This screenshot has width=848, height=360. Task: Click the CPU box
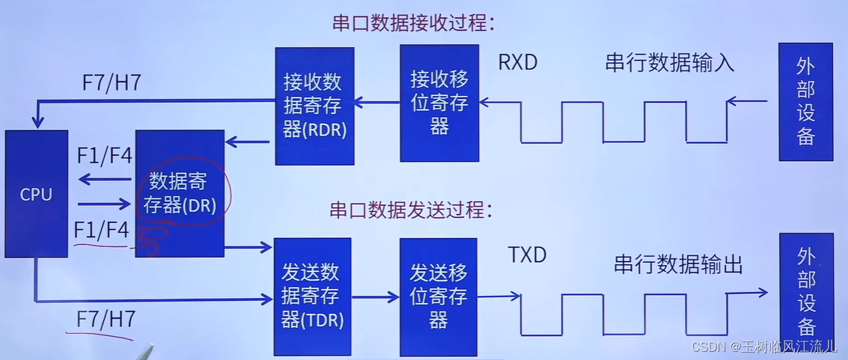pyautogui.click(x=36, y=193)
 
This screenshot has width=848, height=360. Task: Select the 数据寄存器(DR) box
pyautogui.click(x=180, y=193)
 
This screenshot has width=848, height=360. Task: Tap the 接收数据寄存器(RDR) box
pyautogui.click(x=315, y=105)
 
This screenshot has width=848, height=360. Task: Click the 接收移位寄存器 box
pyautogui.click(x=439, y=103)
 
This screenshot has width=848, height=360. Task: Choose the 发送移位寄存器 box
pyautogui.click(x=438, y=297)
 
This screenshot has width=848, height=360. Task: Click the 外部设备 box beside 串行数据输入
pyautogui.click(x=805, y=101)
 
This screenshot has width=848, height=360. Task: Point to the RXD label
pyautogui.click(x=518, y=62)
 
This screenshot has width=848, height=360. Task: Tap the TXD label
pyautogui.click(x=527, y=255)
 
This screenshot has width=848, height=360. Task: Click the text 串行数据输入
pyautogui.click(x=670, y=63)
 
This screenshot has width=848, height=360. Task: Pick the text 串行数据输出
pyautogui.click(x=678, y=264)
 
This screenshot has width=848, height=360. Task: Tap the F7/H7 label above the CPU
pyautogui.click(x=112, y=83)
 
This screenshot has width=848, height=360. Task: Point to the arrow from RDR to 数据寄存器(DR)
pyautogui.click(x=248, y=142)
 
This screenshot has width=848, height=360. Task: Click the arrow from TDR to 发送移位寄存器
pyautogui.click(x=376, y=297)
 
